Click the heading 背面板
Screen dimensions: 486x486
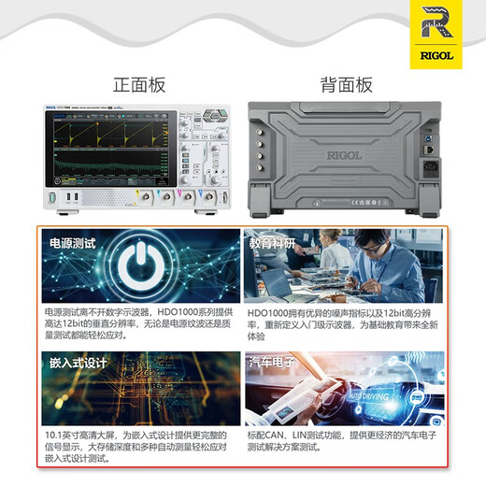tap(347, 85)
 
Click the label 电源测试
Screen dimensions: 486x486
tap(72, 243)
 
